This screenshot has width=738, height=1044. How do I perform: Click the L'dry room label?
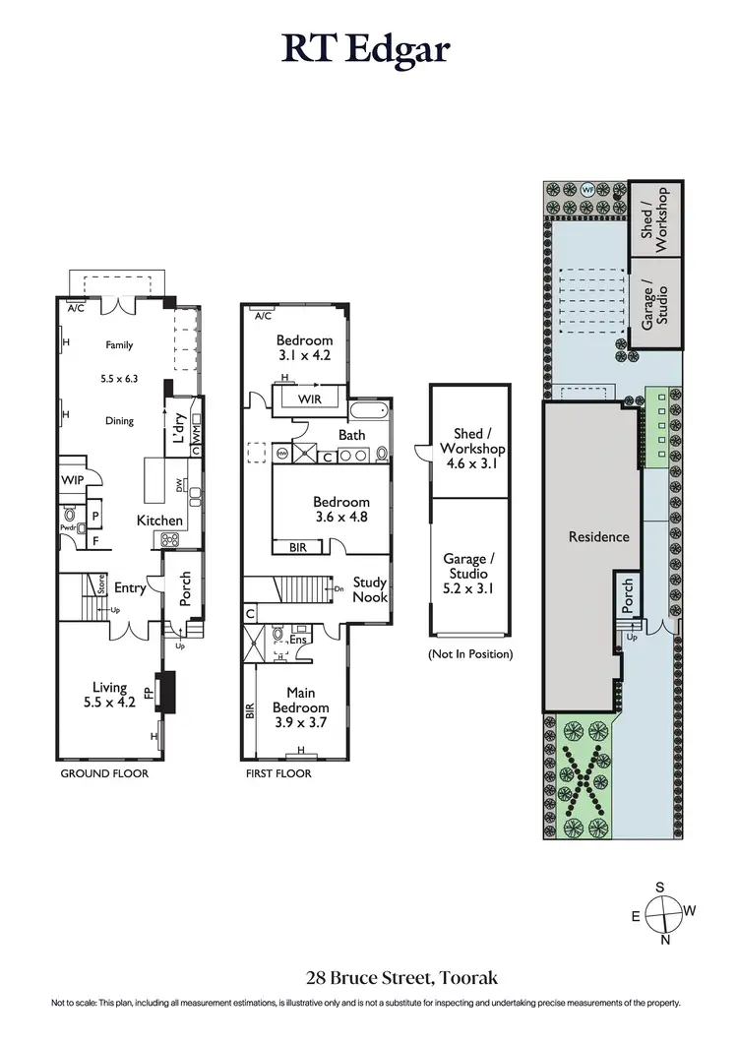pyautogui.click(x=179, y=429)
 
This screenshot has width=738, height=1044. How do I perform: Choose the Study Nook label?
pyautogui.click(x=370, y=590)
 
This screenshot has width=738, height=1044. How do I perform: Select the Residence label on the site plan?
pyautogui.click(x=598, y=537)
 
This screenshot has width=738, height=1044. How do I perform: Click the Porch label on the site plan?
pyautogui.click(x=627, y=593)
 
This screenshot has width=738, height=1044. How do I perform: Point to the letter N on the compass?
pyautogui.click(x=665, y=939)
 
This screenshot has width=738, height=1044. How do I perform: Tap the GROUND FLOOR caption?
pyautogui.click(x=104, y=774)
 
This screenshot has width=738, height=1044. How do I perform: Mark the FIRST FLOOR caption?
pyautogui.click(x=278, y=774)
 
